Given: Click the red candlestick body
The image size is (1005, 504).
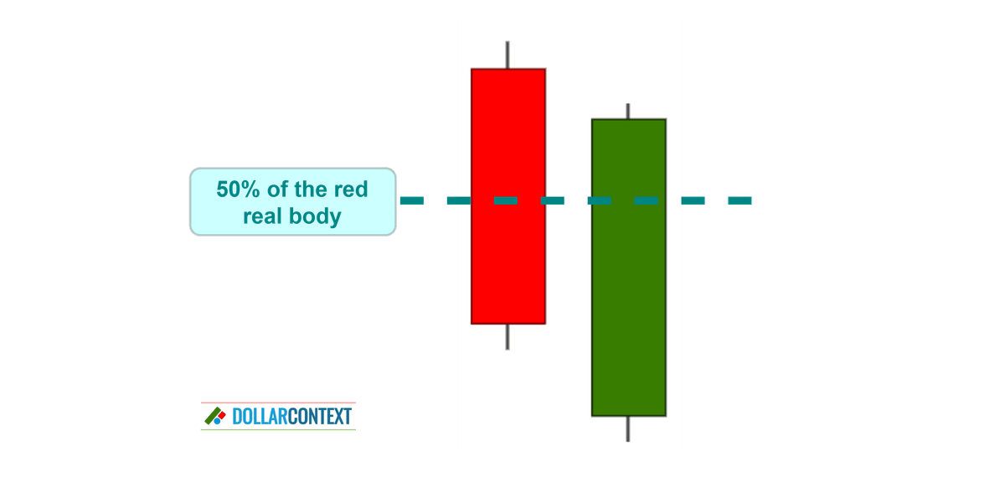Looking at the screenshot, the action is (508, 196).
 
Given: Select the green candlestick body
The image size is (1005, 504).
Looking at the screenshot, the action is (629, 268).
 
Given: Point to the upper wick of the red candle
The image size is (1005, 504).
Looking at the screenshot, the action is (508, 55).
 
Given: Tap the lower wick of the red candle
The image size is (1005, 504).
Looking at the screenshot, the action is (508, 337).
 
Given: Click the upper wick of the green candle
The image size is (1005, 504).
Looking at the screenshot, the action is (627, 112).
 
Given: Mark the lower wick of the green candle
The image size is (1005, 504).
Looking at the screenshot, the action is (627, 429).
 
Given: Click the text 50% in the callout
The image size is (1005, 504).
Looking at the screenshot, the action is (238, 190).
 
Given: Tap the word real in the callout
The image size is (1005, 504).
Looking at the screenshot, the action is (262, 216).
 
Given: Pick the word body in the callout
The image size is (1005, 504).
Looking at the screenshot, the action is (316, 217).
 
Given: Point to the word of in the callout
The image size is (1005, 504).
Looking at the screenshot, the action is (277, 190).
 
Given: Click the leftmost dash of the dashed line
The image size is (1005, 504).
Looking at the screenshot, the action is (412, 200).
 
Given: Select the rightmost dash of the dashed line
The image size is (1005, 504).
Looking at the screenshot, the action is (740, 200).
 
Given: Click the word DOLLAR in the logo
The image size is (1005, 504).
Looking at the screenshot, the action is (260, 417).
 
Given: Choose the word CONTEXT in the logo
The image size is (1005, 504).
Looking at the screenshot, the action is (319, 417).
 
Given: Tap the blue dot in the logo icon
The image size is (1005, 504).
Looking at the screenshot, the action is (217, 421).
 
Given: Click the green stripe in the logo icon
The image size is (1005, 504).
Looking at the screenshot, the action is (213, 415).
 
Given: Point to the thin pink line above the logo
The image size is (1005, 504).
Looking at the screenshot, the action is (278, 403).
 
